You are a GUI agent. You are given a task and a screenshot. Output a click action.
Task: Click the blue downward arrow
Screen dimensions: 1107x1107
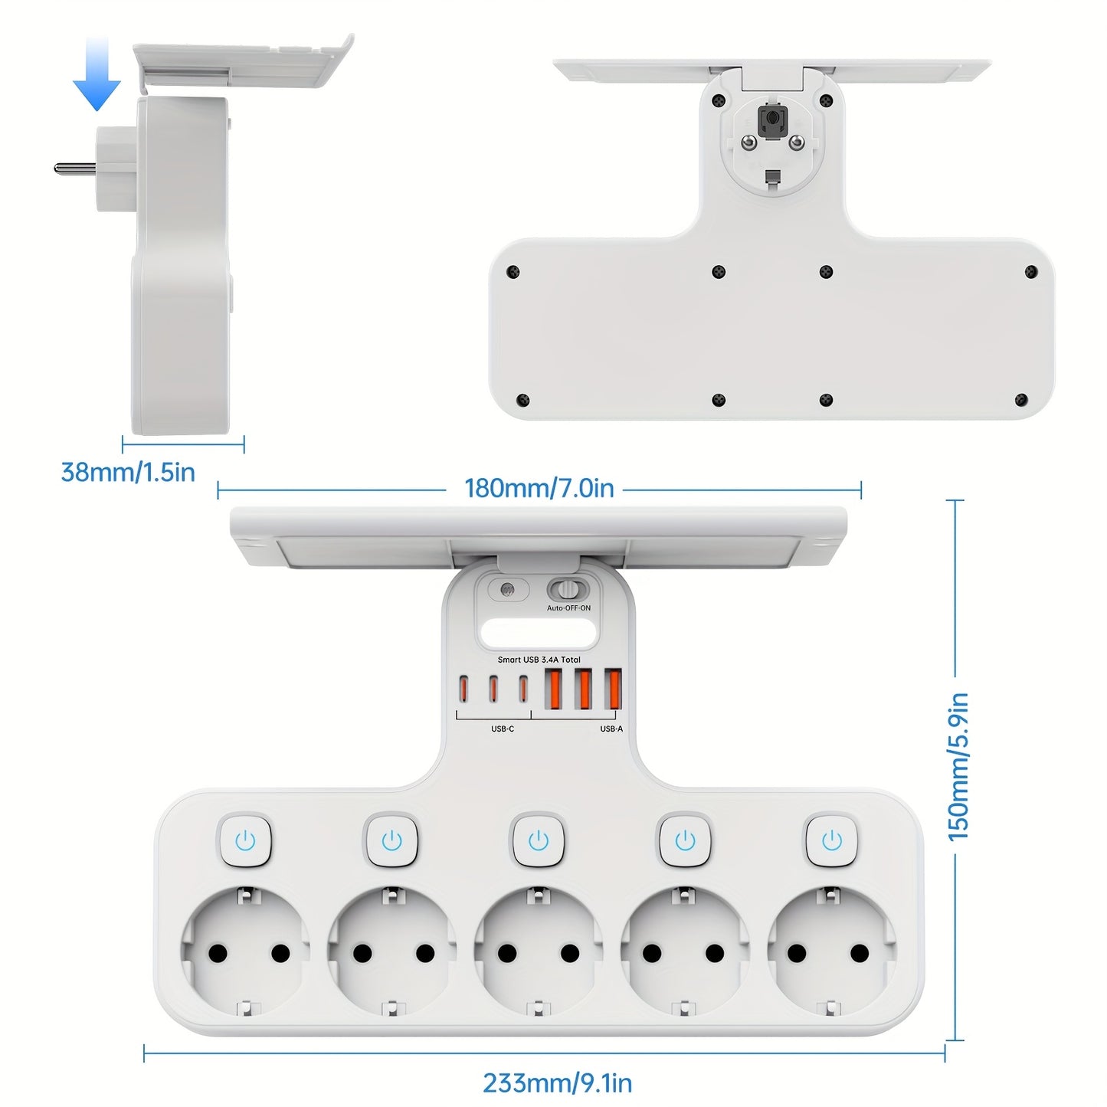coord(97,77)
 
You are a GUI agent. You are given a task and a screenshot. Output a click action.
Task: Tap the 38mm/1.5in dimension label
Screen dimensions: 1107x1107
coord(128,473)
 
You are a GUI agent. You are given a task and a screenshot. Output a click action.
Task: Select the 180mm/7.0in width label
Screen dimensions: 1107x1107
coord(539,489)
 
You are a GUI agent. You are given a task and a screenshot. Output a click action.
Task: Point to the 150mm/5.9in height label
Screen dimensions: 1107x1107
coord(958,766)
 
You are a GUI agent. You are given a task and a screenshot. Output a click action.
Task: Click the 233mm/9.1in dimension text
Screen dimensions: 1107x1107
coord(557,1083)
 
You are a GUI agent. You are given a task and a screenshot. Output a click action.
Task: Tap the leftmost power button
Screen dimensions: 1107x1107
coord(245,840)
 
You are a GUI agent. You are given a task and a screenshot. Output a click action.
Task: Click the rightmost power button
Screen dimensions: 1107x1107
coord(832,840)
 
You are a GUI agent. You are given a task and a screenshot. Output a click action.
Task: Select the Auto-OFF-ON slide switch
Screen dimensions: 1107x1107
coord(568,590)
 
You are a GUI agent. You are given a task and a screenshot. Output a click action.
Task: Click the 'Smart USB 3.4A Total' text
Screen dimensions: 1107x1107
coord(539,660)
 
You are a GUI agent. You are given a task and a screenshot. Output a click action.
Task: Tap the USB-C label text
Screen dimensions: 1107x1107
coord(503,729)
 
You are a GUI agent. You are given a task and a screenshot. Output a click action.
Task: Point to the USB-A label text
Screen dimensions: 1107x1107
coord(611,729)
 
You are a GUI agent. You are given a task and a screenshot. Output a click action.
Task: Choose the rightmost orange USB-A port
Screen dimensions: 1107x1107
coord(612,689)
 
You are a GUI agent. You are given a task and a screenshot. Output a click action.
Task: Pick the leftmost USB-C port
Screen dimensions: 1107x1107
coord(463,689)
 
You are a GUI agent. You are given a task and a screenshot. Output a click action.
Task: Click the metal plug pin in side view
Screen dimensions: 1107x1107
coord(74,167)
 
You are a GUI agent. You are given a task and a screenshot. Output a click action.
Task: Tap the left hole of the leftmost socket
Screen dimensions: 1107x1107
coord(218,953)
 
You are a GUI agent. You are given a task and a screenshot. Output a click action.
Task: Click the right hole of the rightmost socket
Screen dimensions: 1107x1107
coord(860,953)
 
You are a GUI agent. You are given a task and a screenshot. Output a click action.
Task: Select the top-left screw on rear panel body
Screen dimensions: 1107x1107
coord(513,271)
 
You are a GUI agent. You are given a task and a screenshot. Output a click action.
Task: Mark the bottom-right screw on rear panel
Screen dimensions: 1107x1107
coord(1020,400)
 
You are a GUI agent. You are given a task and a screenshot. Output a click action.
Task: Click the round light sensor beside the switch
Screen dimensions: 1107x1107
coord(506,591)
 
